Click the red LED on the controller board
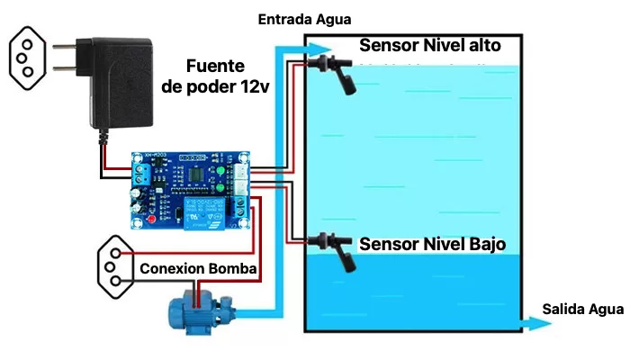tap(151, 220)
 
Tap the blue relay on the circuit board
tap(203, 212)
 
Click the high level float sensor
tap(334, 73)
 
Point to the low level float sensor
tap(334, 251)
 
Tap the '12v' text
tap(255, 86)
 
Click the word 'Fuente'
tap(215, 66)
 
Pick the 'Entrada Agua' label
tap(304, 19)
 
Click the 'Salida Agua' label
tap(583, 310)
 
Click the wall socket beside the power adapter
tap(27, 58)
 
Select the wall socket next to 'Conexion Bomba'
tap(116, 266)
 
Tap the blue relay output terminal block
tap(240, 206)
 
